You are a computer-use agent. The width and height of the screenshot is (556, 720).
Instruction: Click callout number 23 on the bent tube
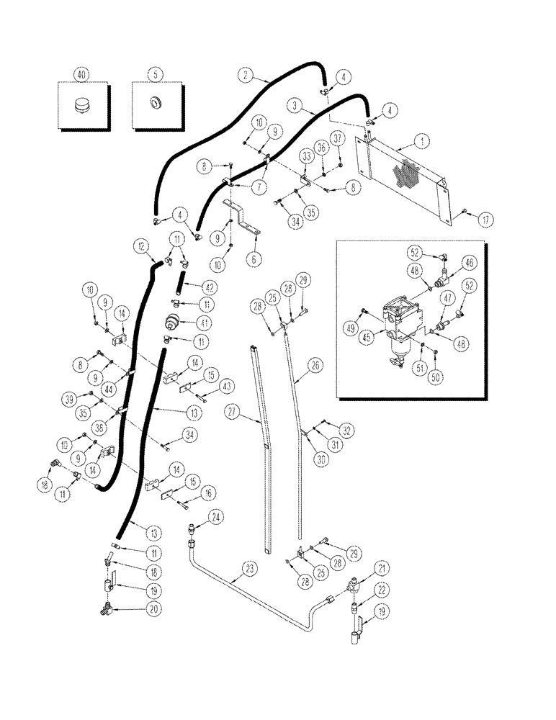(249, 569)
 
